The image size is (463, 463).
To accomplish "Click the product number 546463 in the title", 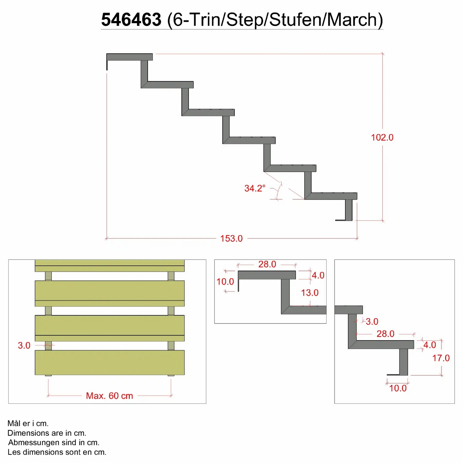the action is (131, 20).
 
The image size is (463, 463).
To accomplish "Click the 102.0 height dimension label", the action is (382, 137).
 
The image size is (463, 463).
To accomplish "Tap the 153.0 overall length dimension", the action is (231, 239).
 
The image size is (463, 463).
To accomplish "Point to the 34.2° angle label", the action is (255, 188).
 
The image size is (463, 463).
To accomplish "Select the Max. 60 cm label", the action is (110, 396).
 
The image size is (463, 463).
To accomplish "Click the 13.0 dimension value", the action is (310, 293).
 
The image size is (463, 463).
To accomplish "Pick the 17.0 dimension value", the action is (441, 358).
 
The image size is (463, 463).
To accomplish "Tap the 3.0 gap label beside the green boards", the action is (24, 345).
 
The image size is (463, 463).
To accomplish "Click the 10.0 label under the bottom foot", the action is (398, 388).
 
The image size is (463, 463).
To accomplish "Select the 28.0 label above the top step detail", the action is (267, 264).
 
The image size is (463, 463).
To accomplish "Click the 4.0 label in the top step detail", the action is (318, 275).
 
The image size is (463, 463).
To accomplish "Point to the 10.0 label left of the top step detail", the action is (225, 282).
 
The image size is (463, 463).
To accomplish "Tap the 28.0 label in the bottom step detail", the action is (386, 334).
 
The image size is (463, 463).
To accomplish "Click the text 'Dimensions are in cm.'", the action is (47, 433).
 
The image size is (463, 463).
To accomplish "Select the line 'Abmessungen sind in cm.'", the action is (54, 443).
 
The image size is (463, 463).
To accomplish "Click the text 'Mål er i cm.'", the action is (28, 423).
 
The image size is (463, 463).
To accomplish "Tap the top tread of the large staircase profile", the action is (130, 57).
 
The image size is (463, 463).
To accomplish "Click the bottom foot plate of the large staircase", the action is (344, 220).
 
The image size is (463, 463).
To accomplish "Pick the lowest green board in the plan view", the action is (110, 363).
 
